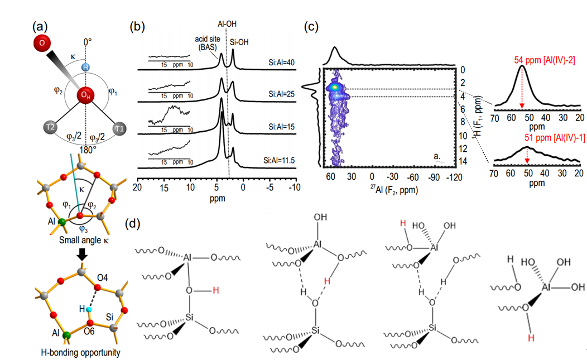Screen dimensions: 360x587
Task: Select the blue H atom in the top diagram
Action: pos(85,67)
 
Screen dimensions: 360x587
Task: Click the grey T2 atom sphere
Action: pos(51,129)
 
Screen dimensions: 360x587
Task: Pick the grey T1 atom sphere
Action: pos(119,129)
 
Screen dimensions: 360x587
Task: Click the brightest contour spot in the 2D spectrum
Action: pos(334,87)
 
